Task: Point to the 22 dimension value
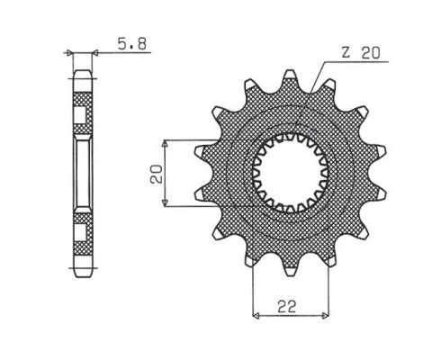285,306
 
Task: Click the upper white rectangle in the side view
82,115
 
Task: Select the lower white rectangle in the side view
82,232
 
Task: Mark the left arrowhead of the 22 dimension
256,316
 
